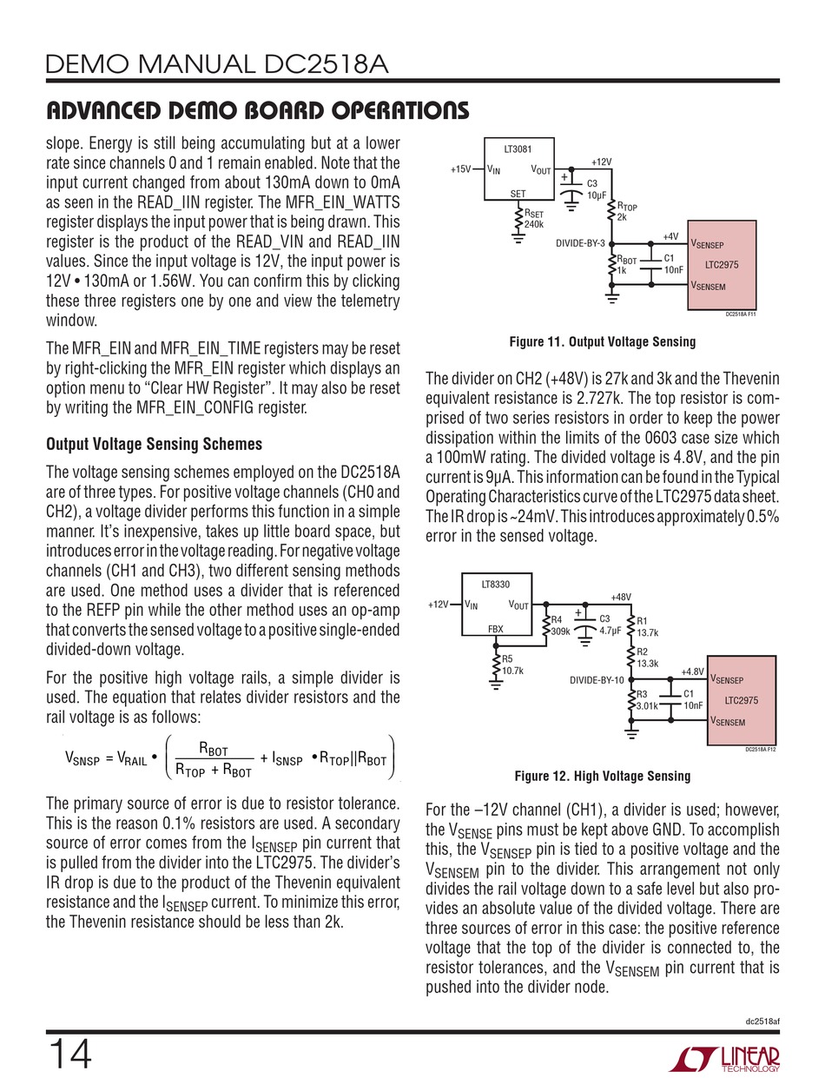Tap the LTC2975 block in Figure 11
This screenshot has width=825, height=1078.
click(x=721, y=265)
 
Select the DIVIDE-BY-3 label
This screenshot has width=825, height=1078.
click(x=585, y=243)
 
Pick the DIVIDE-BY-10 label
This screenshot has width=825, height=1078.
click(x=596, y=679)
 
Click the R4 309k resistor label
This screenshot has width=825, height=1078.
click(x=561, y=625)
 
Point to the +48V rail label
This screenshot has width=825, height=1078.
click(x=620, y=597)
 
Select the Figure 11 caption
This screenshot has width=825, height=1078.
click(x=602, y=342)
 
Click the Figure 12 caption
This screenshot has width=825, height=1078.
click(x=602, y=776)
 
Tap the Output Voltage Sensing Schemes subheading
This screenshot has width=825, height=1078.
click(x=153, y=444)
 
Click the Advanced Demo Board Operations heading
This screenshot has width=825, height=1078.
click(x=257, y=110)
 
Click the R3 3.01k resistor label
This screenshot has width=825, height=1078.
click(x=648, y=700)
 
